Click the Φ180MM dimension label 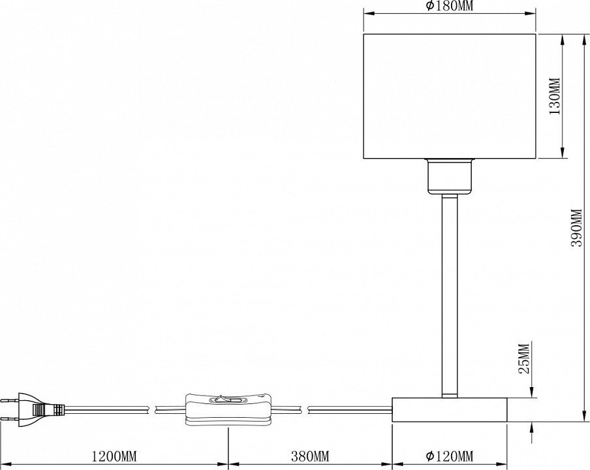[449, 6]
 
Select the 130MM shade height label [555, 97]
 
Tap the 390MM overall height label [576, 228]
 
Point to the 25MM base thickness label [524, 358]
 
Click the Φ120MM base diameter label [449, 456]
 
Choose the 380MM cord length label [310, 456]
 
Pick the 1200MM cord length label [114, 456]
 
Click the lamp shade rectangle [449, 96]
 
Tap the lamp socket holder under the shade [449, 176]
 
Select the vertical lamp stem [449, 296]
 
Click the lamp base [449, 409]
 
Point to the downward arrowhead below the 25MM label [532, 392]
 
